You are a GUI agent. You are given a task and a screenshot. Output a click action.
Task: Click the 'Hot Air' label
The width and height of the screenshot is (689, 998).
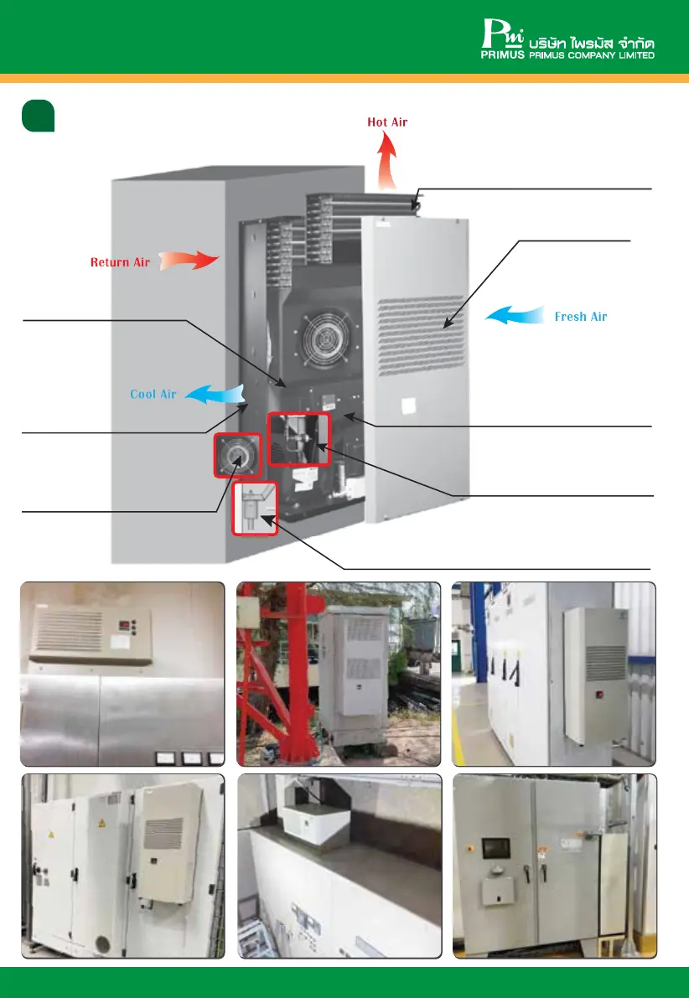click(387, 122)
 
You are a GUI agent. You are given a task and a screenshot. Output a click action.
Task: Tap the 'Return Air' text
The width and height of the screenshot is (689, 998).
click(120, 262)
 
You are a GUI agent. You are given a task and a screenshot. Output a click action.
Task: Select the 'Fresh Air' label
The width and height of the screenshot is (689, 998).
click(581, 317)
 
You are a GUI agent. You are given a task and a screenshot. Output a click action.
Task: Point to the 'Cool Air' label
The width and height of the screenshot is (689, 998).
click(153, 394)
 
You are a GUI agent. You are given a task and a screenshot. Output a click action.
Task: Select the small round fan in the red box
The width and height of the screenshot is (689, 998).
click(237, 455)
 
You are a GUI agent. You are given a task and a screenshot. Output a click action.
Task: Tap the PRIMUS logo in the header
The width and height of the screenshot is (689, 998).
click(503, 40)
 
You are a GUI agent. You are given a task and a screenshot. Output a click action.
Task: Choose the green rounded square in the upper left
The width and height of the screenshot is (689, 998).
click(38, 116)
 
